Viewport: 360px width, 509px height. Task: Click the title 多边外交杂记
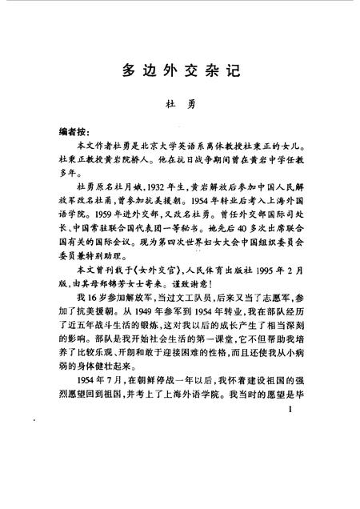[181, 69]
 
